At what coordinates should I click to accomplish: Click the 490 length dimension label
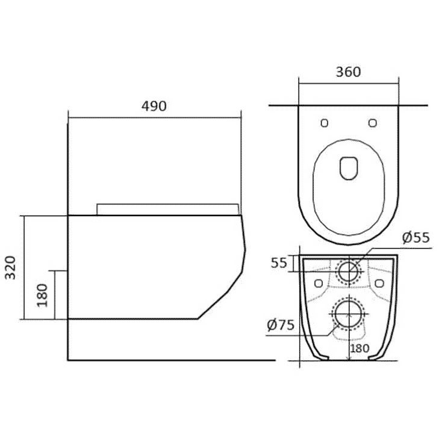[154, 106]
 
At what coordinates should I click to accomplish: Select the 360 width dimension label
[348, 72]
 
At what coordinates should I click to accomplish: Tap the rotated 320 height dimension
[11, 267]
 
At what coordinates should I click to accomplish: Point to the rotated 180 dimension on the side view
[42, 296]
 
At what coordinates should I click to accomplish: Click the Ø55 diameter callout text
[416, 238]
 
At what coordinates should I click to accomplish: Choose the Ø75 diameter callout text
[281, 325]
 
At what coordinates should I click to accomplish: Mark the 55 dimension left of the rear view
[279, 263]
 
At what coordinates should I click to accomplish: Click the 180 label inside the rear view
[360, 348]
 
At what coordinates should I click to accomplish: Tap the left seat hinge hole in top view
[324, 123]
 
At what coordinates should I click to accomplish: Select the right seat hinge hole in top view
[372, 123]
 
